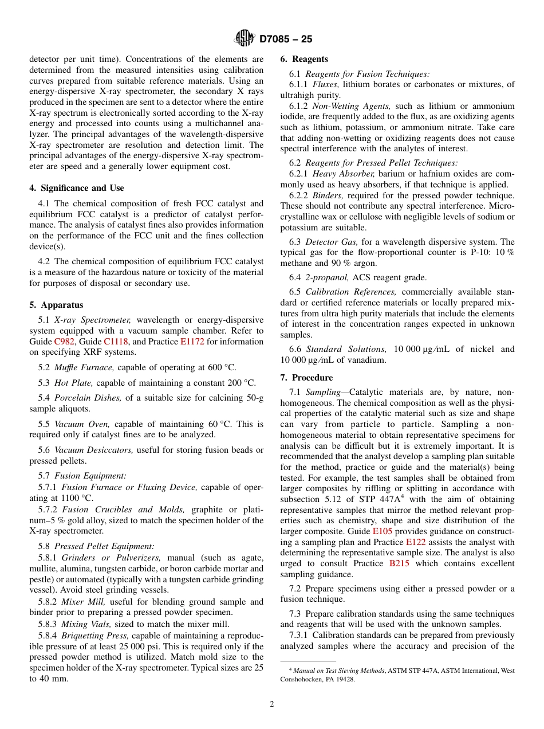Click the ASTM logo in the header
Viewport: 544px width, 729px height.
point(245,39)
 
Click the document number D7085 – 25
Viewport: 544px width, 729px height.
point(286,40)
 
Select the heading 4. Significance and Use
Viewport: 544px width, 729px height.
point(77,188)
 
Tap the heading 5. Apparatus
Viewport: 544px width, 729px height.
point(56,305)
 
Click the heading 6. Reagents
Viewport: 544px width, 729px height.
point(304,59)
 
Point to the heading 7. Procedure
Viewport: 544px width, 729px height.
point(306,378)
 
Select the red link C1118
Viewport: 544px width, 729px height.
point(117,342)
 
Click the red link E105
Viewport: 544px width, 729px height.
point(383,531)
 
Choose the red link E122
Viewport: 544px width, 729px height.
point(416,542)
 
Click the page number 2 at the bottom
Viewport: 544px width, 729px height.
point(272,704)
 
